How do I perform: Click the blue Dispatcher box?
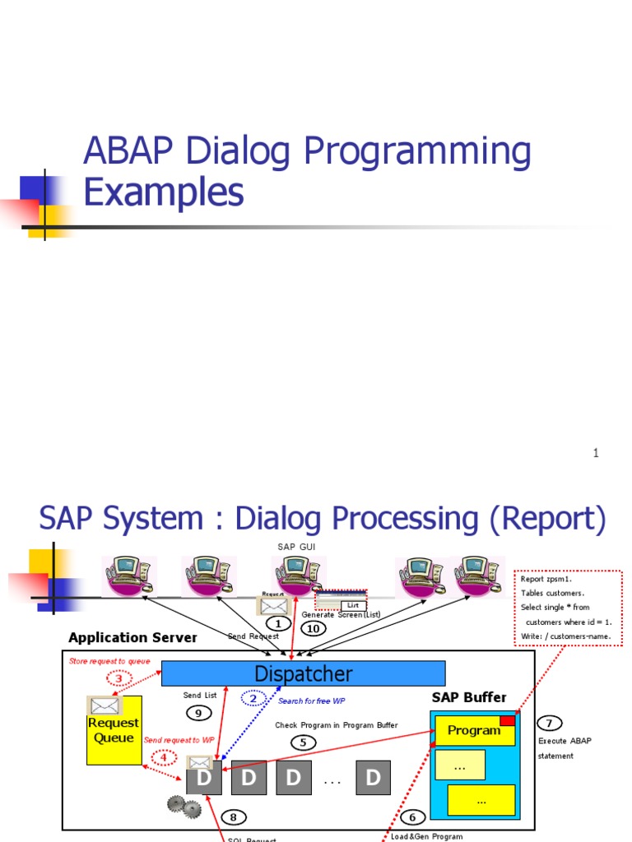coord(303,673)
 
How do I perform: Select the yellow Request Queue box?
coord(114,730)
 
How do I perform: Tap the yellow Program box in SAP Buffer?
coord(474,730)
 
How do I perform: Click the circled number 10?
coord(313,629)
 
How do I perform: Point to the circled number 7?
coord(550,723)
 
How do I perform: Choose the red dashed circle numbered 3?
coord(118,678)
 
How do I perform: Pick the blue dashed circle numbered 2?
coord(254,698)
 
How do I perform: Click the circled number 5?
coord(304,742)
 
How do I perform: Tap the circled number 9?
coord(198,712)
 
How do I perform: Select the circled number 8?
coord(233,817)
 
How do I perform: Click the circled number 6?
coord(411,817)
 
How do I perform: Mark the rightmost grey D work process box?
coord(374,778)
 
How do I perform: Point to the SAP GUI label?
coord(296,546)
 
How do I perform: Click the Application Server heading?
coord(132,637)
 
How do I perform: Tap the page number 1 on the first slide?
coord(596,453)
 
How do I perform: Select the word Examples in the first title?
coord(164,192)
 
